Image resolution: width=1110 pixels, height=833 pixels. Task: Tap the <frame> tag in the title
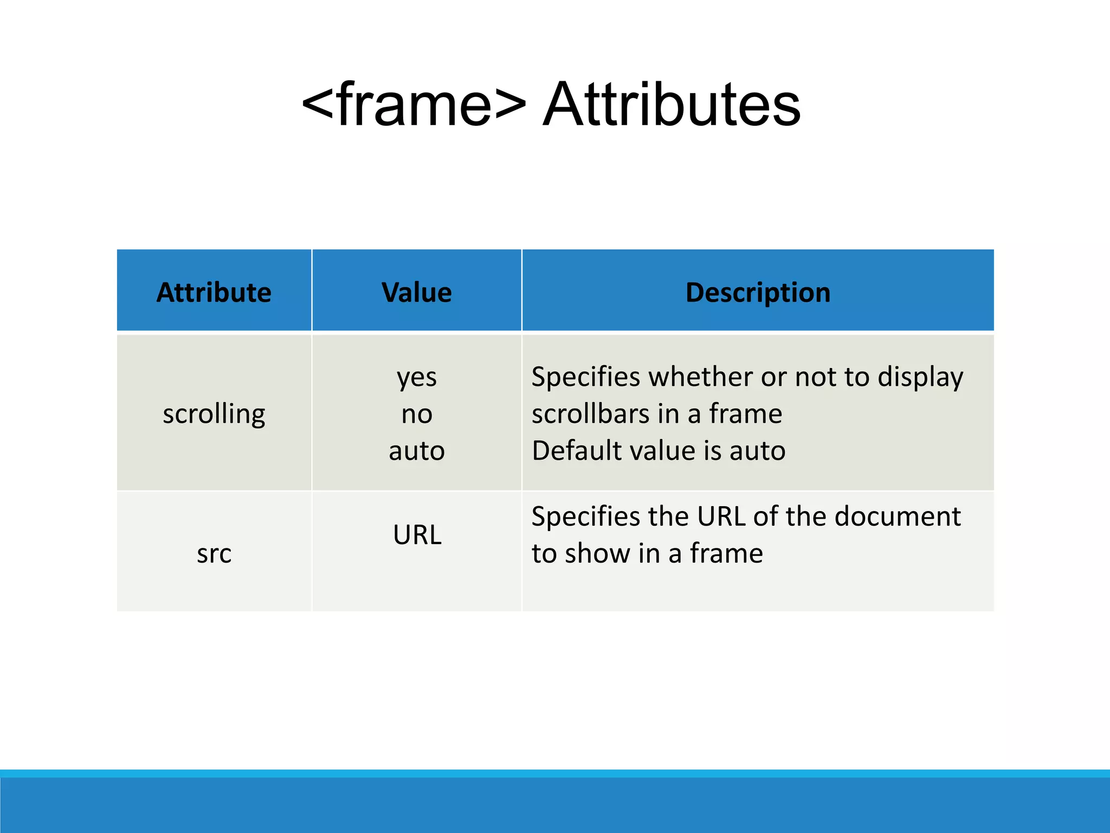414,105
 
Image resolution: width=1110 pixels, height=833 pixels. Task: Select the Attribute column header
214,293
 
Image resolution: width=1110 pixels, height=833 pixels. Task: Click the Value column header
416,293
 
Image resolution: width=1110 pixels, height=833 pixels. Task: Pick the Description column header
758,293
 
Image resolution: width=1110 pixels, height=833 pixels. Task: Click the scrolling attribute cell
214,414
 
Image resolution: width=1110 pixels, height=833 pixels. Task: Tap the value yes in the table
416,377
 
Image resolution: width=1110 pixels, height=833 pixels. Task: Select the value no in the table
416,415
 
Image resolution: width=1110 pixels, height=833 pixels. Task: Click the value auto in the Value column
416,451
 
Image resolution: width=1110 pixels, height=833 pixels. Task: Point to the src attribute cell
214,554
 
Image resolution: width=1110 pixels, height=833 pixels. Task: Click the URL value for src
417,535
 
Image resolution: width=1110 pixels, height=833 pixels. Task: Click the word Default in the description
572,451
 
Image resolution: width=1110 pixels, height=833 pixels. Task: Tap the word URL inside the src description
721,516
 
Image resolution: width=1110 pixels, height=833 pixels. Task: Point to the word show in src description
597,554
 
